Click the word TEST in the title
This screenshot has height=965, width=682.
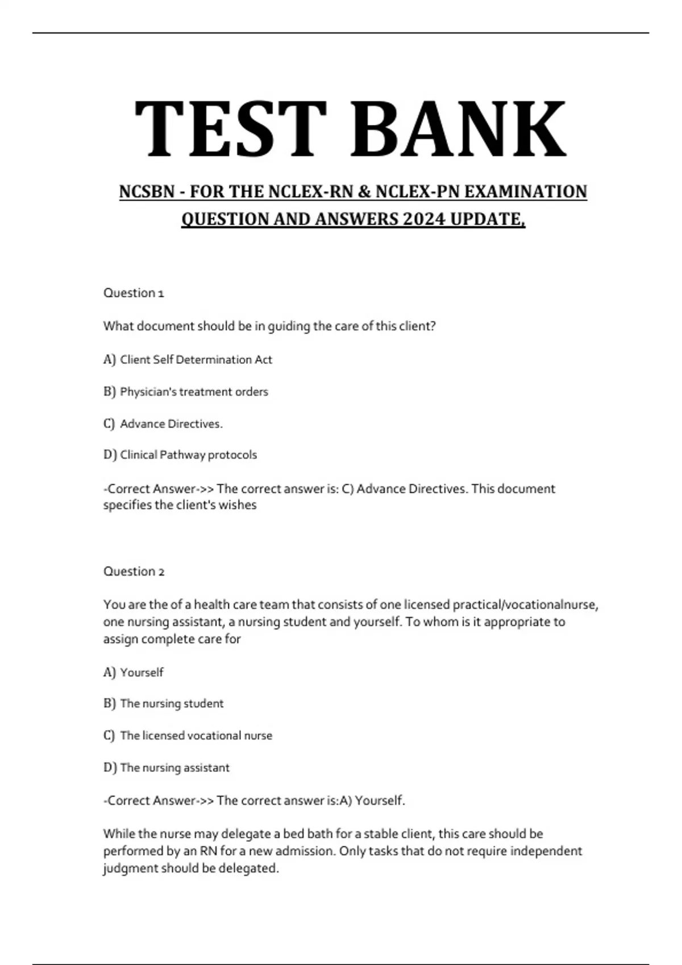[x=230, y=129]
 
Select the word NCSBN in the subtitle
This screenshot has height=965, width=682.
[x=147, y=192]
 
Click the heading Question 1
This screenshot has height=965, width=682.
[x=134, y=293]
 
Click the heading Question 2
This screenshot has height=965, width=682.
[x=134, y=572]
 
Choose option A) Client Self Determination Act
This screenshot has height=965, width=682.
[x=188, y=360]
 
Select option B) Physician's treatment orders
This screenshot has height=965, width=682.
[x=185, y=392]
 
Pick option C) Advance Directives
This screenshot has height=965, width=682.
[x=163, y=424]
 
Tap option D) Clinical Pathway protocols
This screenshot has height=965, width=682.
[x=180, y=455]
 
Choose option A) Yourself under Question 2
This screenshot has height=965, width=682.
[x=134, y=673]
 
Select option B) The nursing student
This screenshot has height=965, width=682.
[x=164, y=704]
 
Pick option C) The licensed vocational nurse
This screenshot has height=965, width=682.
[x=188, y=736]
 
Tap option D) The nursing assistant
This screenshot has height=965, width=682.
[x=167, y=768]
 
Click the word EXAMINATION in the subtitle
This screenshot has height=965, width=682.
[x=526, y=192]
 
